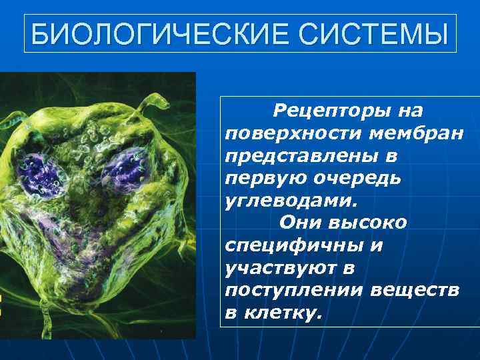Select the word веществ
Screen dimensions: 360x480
[416, 290]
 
